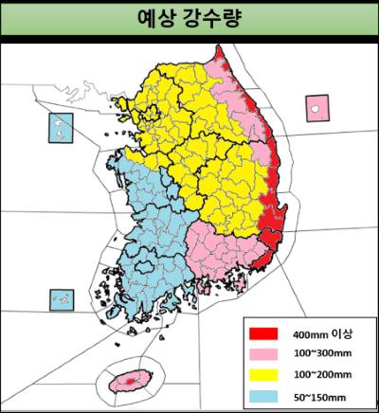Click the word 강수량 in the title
click(x=212, y=19)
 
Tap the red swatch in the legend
click(x=262, y=333)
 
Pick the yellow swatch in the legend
click(x=262, y=374)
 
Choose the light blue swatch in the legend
click(x=262, y=394)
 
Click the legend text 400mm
click(x=309, y=333)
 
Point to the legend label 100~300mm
click(x=319, y=354)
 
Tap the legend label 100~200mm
click(x=319, y=374)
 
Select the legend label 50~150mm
click(x=317, y=394)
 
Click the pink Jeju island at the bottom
click(x=126, y=382)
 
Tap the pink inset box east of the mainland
click(x=315, y=108)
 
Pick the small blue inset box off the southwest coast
click(x=61, y=299)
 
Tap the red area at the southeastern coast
click(x=270, y=223)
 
